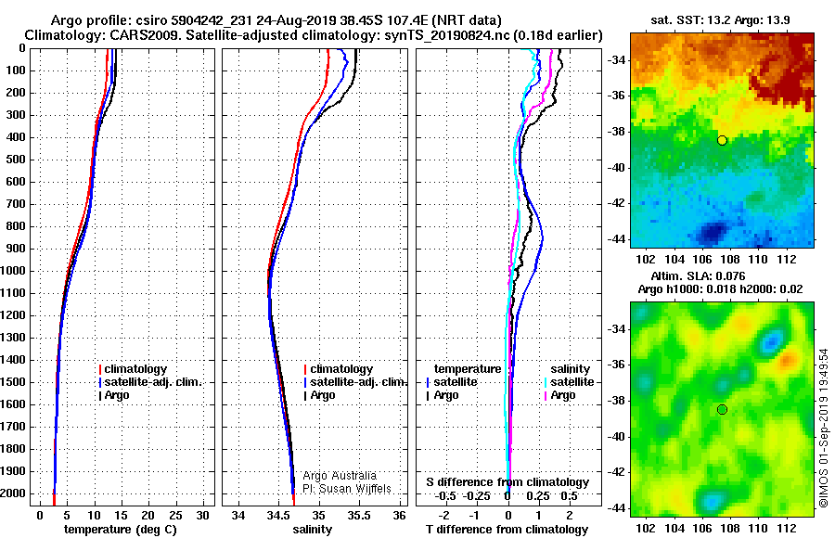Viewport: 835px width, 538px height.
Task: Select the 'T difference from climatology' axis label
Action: pos(507,530)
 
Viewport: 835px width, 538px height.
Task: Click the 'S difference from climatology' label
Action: pos(507,482)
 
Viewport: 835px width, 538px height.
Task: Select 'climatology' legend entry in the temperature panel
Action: pos(135,369)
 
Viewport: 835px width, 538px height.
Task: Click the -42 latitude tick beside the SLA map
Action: pos(615,472)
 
